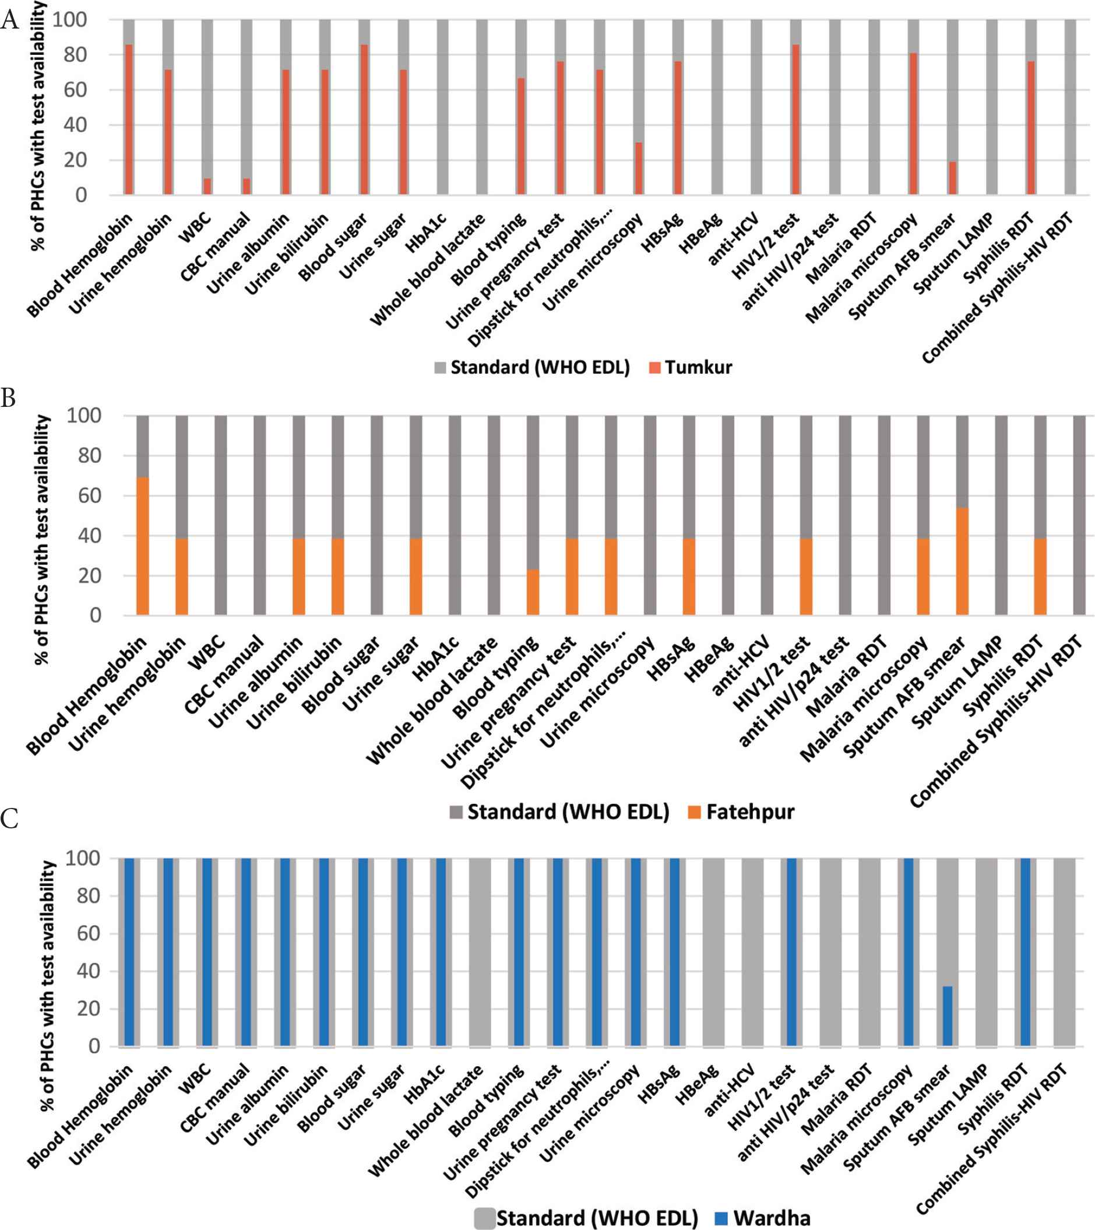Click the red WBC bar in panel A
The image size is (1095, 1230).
tap(207, 187)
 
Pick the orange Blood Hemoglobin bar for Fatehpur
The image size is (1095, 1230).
tap(143, 546)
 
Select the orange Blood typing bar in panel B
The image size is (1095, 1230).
tap(533, 592)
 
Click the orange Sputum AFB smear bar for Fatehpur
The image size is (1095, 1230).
tap(962, 561)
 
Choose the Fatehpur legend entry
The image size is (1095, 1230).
tap(741, 812)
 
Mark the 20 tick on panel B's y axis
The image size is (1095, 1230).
tap(89, 575)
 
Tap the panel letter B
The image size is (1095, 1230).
tap(8, 398)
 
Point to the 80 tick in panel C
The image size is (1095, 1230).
tap(89, 895)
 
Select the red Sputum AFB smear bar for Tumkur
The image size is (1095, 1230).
tap(952, 178)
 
